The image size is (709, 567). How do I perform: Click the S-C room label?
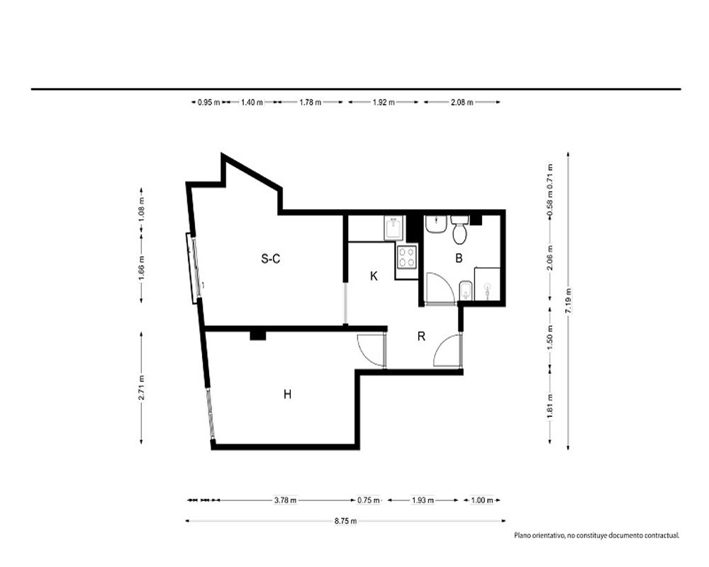[270, 259]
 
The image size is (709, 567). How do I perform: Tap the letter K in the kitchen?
[374, 276]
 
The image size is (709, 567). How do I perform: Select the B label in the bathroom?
[459, 258]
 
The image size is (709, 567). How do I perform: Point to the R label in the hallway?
[421, 336]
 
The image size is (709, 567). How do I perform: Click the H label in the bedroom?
[288, 394]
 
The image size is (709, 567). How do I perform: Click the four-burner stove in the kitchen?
[407, 257]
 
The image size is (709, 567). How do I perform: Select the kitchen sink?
[393, 228]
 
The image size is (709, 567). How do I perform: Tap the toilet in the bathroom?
[460, 230]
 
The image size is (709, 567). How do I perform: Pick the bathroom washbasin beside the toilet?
[436, 224]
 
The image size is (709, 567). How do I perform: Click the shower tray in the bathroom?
[488, 284]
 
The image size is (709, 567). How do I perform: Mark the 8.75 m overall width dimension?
[345, 521]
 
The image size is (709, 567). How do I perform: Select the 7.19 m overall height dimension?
[569, 301]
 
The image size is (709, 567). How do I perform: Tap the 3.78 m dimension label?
[285, 500]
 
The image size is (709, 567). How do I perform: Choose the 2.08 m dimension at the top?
[462, 102]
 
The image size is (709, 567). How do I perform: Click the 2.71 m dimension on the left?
[142, 388]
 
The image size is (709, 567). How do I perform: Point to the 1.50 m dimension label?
[550, 337]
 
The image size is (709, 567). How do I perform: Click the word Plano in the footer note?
[522, 535]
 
